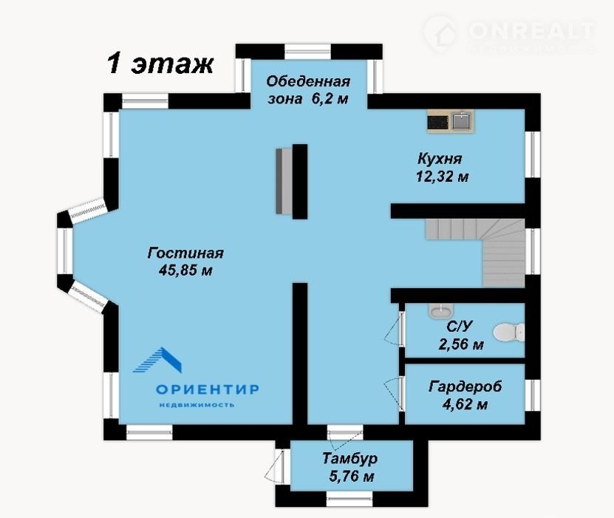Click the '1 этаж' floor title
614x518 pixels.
click(x=160, y=64)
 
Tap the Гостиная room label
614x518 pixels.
click(x=185, y=253)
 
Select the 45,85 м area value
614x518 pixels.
click(x=185, y=270)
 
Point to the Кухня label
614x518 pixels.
click(x=440, y=159)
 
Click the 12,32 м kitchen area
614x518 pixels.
click(x=442, y=177)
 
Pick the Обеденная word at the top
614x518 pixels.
click(x=308, y=81)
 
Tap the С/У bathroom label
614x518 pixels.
click(x=460, y=326)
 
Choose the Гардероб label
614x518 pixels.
click(x=465, y=386)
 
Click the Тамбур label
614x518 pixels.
click(x=349, y=458)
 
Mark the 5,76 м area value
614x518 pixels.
click(x=352, y=476)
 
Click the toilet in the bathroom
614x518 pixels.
click(x=508, y=333)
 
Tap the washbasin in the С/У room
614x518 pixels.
click(x=441, y=311)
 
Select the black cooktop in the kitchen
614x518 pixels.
click(x=438, y=122)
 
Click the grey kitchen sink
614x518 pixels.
click(x=463, y=121)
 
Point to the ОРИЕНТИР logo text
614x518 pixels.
click(x=208, y=389)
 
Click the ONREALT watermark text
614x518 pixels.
click(x=531, y=30)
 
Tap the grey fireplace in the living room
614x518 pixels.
click(x=284, y=181)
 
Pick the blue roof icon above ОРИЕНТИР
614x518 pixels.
click(x=158, y=360)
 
